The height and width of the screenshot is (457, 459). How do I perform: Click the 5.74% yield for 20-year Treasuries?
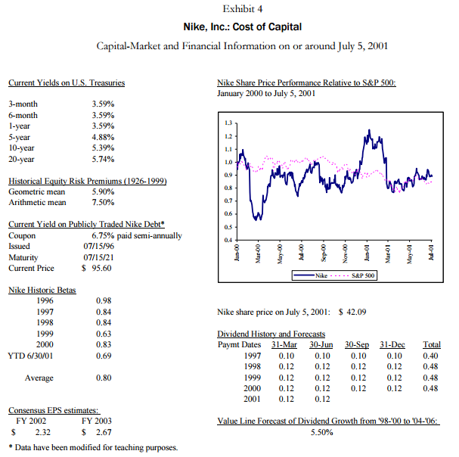102,160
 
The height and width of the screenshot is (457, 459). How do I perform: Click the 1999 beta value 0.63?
105,333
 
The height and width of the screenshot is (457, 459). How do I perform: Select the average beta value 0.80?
105,377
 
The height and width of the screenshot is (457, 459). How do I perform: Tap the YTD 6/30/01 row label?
29,355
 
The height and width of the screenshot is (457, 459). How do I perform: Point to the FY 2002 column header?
31,420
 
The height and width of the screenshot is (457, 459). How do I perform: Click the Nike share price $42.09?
352,311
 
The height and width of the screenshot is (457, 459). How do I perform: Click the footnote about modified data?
92,447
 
